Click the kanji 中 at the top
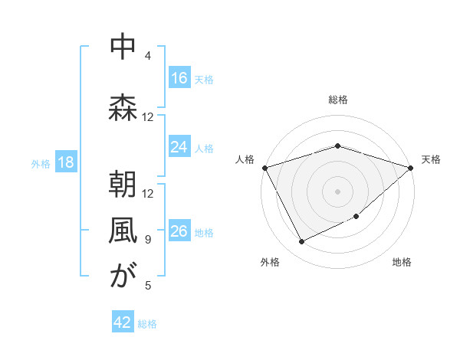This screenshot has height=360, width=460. coord(123,47)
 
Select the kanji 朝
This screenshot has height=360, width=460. coord(123,185)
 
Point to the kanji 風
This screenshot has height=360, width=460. coord(123,231)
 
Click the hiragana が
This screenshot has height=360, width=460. coord(123,277)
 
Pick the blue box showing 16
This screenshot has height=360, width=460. coord(179,77)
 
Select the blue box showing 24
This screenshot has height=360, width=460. coord(179,147)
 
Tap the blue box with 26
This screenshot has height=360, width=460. coord(179,231)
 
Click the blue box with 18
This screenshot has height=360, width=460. coord(65,162)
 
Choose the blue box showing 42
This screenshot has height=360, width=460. coord(122,322)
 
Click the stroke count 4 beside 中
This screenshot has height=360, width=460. coord(148,56)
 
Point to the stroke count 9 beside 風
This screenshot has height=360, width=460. coord(148,240)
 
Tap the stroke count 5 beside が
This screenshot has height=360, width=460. coord(148,286)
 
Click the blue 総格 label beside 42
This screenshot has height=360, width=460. coord(147,324)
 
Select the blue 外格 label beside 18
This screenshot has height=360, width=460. coord(40,163)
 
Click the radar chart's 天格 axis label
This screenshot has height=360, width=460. coord(431,159)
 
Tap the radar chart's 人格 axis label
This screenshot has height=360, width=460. coord(245,159)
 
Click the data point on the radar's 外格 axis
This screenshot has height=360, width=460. coord(301,242)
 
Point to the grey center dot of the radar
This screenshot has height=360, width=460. coord(337,191)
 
